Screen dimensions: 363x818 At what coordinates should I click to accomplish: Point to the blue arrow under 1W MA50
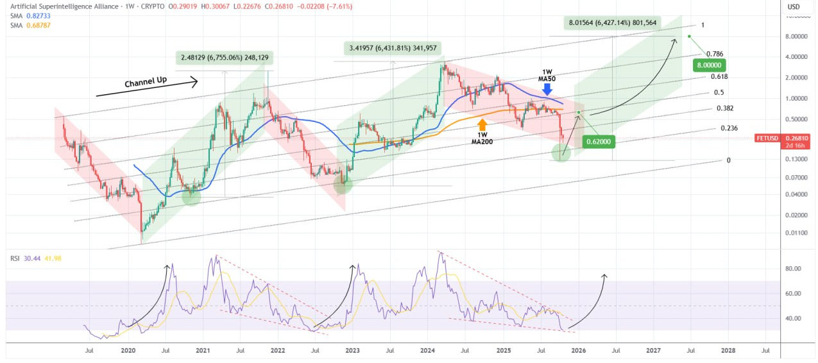pos(547,89)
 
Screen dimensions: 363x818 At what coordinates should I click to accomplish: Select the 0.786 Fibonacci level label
pos(713,54)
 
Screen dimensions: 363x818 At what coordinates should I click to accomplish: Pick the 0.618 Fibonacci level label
pos(719,76)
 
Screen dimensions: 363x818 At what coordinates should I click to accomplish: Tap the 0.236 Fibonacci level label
pos(729,128)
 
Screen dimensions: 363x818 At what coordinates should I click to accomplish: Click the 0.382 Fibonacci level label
pos(725,108)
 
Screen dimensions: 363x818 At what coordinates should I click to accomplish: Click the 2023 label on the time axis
pos(352,351)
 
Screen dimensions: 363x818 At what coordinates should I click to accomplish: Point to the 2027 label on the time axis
pos(653,351)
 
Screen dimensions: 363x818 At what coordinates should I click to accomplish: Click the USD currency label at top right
pos(794,7)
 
